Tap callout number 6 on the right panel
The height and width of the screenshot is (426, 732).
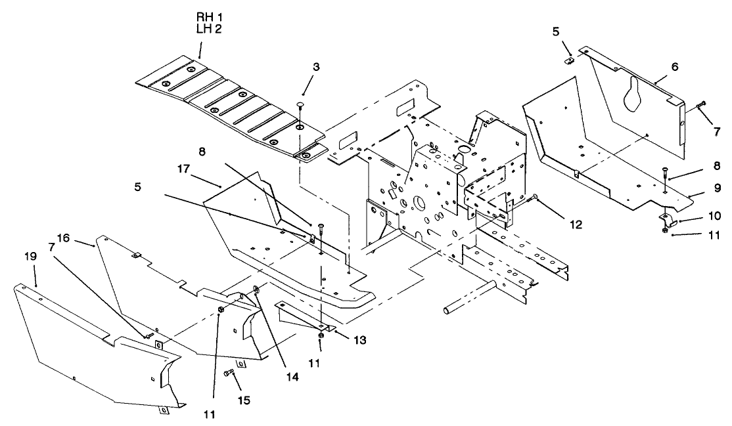(675, 66)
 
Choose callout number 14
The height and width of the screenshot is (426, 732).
(271, 377)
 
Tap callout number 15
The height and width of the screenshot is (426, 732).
(243, 398)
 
